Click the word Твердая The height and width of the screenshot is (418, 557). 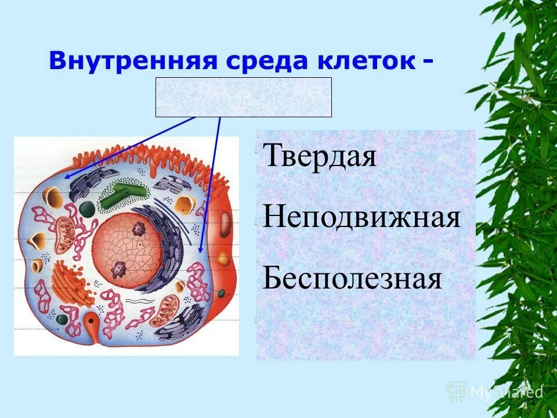click(x=320, y=157)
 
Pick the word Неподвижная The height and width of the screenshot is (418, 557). click(x=361, y=218)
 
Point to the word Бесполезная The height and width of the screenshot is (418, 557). click(x=352, y=279)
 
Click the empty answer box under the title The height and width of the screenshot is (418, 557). click(x=243, y=98)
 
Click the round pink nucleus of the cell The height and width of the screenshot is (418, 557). click(x=128, y=247)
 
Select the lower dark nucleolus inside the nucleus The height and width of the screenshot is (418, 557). click(x=119, y=269)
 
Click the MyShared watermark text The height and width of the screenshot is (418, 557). click(x=506, y=392)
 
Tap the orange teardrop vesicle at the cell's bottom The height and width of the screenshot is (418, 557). click(x=92, y=321)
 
